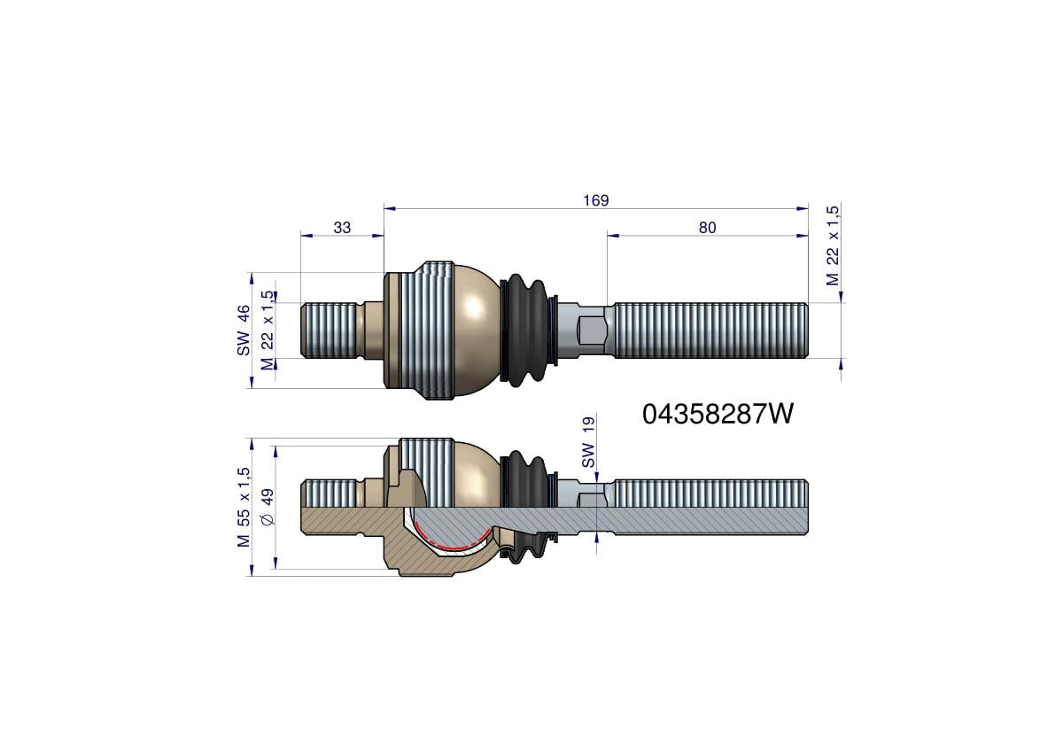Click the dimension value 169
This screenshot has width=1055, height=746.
tap(596, 200)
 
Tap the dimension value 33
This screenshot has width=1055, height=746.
tap(342, 228)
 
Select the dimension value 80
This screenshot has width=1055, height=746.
tap(707, 228)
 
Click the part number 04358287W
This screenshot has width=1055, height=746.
tap(718, 415)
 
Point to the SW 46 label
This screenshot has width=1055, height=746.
tap(244, 330)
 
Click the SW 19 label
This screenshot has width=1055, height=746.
tap(588, 442)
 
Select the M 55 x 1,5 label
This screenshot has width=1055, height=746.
tap(244, 507)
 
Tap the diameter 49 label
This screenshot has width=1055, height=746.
tap(268, 507)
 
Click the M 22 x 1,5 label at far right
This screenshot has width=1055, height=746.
tap(833, 245)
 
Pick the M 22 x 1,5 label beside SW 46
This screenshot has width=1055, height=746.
tap(268, 330)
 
